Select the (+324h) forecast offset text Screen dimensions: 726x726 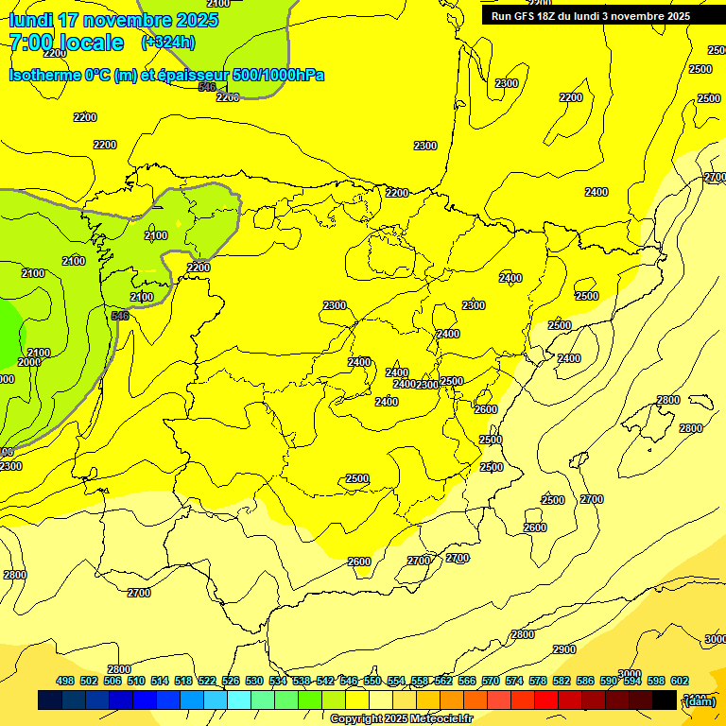[x=167, y=43]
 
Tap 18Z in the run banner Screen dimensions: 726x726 [x=555, y=16]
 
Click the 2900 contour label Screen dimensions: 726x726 [x=563, y=649]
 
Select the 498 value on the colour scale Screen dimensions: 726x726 [x=65, y=681]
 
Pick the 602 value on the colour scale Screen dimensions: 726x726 [x=680, y=681]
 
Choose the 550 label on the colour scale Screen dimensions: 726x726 [x=372, y=681]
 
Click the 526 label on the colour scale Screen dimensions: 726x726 [x=231, y=681]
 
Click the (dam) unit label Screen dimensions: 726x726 [x=700, y=700]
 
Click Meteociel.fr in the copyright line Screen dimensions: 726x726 [x=441, y=719]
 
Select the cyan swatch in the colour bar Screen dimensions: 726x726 [x=239, y=700]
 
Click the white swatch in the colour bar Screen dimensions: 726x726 [x=381, y=700]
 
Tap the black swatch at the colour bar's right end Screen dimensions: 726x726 [x=665, y=700]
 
